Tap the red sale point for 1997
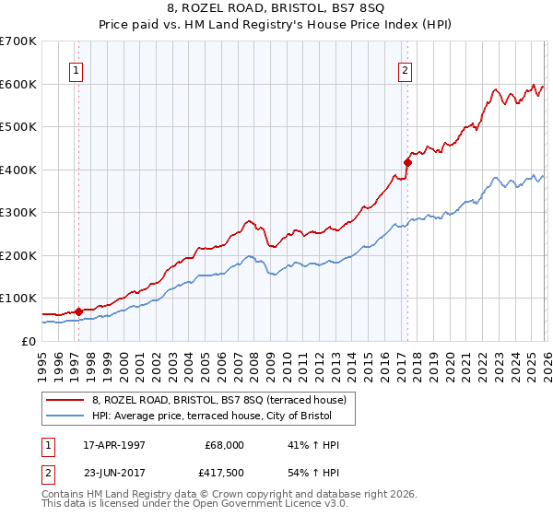(78, 311)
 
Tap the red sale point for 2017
(406, 161)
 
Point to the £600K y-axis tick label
(18, 84)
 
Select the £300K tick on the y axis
(18, 212)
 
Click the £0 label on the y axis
(27, 341)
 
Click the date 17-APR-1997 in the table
(113, 444)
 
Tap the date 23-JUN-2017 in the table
(113, 473)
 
